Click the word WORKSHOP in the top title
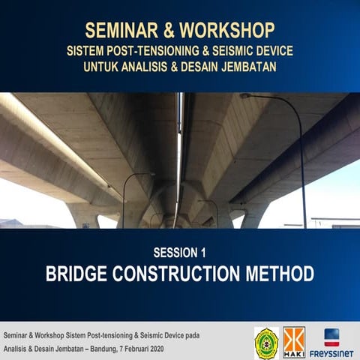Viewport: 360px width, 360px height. (226, 31)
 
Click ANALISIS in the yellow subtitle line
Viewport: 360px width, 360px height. (155, 68)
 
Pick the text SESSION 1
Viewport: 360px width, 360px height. (180, 251)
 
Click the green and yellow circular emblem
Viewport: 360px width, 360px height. (265, 341)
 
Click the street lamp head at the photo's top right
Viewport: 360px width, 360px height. (244, 95)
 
